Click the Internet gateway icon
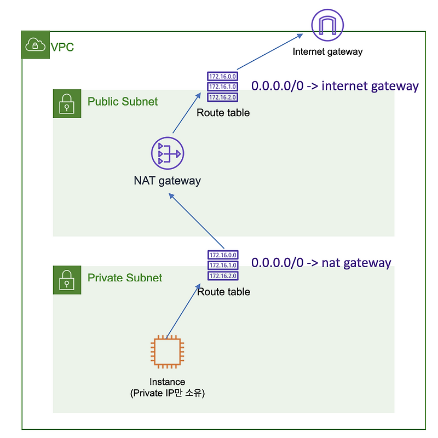pos(327,25)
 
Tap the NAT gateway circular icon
pos(168,154)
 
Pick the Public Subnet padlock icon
pos(67,103)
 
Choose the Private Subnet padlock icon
pos(67,280)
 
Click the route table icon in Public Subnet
pos(222,87)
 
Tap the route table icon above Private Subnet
pos(223,266)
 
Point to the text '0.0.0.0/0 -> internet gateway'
pos(335,86)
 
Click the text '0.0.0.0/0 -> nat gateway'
pos(321,263)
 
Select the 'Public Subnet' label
pos(123,102)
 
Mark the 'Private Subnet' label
pos(125,278)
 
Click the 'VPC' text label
pos(62,48)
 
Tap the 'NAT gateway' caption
pos(167,181)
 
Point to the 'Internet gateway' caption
pos(327,52)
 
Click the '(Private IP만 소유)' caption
pos(167,393)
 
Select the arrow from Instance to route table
pos(181,310)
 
